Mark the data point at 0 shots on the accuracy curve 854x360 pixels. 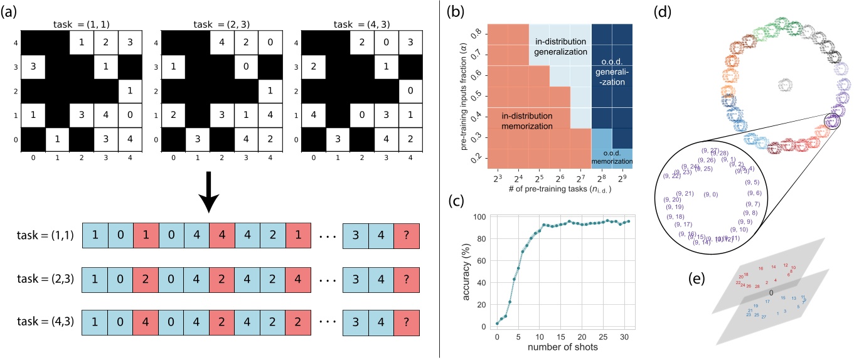pyautogui.click(x=498, y=323)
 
